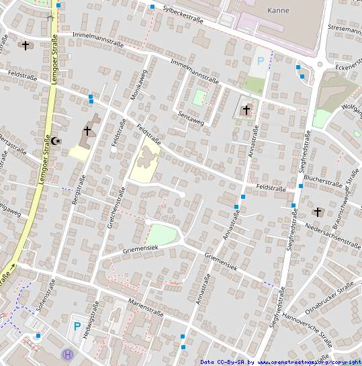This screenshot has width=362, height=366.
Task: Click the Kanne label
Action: pos(278,10)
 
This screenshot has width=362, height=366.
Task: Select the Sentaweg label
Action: pos(191,116)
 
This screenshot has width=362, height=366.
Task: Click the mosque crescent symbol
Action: pos(56,141)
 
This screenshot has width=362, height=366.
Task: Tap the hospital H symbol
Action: pos(67,354)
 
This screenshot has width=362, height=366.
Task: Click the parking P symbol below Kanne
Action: pos(261,61)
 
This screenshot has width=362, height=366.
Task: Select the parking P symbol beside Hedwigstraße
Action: pos(77,326)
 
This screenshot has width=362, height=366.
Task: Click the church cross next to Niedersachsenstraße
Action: pos(317,212)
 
